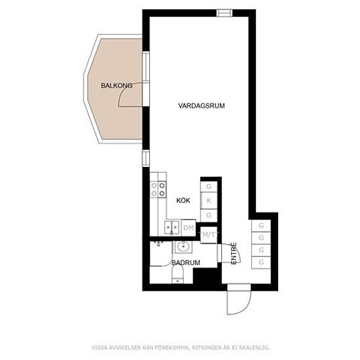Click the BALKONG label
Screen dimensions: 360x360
pos(117,86)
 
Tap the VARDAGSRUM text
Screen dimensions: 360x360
pos(202,106)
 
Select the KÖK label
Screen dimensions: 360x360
pos(183,200)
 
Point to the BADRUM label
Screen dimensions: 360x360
pos(186,262)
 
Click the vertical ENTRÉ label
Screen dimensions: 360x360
pos(234,253)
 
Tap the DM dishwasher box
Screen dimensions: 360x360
pos(189,228)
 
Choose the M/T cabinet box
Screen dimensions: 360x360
pos(209,235)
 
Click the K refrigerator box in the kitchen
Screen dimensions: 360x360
pos(209,201)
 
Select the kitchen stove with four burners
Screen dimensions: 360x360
pos(158,190)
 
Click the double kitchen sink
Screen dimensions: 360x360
pos(172,228)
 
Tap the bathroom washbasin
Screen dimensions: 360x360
pos(183,247)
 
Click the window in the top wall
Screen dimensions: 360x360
pos(225,13)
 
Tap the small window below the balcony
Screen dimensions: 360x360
pos(146,158)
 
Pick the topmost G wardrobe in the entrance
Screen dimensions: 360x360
pos(261,226)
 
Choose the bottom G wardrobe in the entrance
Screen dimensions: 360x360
pos(261,262)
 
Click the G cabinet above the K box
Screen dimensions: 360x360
pos(209,186)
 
